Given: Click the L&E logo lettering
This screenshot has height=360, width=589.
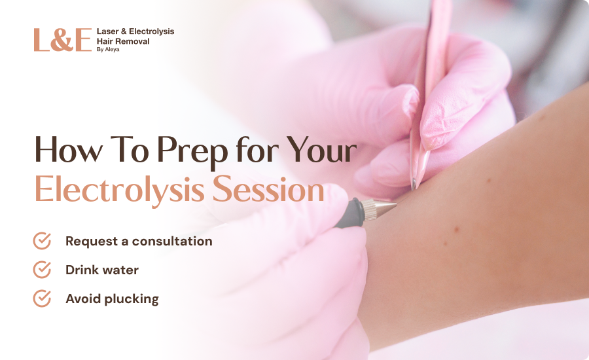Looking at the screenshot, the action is (x=63, y=40).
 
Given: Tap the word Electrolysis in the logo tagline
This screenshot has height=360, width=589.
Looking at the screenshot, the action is (x=151, y=31).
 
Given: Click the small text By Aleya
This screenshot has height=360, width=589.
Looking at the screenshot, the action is (x=108, y=49).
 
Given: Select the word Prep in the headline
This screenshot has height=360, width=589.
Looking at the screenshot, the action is (x=192, y=151).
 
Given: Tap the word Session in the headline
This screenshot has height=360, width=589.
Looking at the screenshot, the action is (x=268, y=189).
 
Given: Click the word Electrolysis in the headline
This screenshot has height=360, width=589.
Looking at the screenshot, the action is (x=120, y=190).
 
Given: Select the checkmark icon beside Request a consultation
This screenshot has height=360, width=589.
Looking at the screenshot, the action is (x=42, y=240).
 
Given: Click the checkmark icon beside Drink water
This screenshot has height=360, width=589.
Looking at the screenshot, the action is (x=42, y=270).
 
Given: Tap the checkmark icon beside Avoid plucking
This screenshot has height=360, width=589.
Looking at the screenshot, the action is (x=42, y=298).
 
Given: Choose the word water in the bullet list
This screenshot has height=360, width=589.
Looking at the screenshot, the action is (x=121, y=270).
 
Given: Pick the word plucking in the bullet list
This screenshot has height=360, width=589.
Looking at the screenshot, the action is (x=131, y=300).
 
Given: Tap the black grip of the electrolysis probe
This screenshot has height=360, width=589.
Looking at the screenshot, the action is (x=349, y=213).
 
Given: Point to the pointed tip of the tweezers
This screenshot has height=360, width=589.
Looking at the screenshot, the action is (x=414, y=187).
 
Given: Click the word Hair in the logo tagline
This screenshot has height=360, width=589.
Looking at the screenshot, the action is (x=103, y=41).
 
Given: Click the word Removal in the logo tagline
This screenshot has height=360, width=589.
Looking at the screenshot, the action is (x=131, y=41).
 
